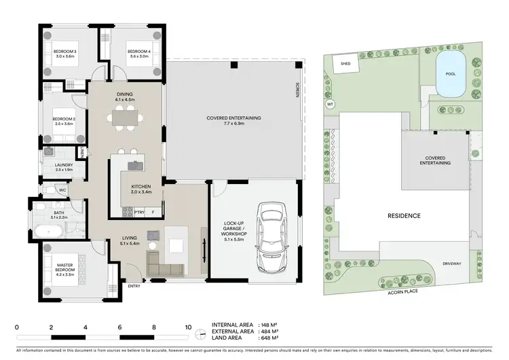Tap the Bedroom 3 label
(66, 52)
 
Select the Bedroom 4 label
(138, 52)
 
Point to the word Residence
(404, 216)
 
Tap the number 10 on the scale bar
(188, 327)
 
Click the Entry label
(134, 286)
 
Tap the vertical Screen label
(297, 90)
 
